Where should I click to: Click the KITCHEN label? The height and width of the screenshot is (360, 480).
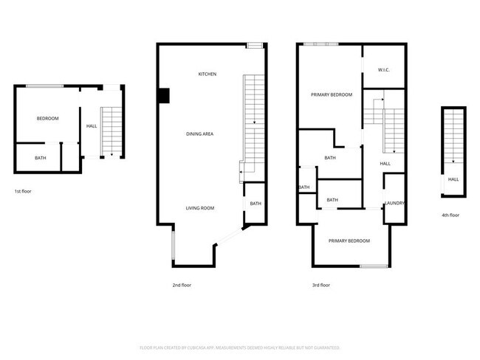[207, 75]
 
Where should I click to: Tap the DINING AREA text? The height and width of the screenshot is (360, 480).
[199, 134]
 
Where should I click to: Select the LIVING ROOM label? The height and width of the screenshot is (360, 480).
[199, 209]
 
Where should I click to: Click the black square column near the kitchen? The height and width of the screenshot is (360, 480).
[164, 95]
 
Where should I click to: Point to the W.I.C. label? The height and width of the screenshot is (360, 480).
[384, 71]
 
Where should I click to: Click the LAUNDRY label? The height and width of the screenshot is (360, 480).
[394, 203]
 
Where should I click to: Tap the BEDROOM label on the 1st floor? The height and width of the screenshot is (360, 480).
[48, 119]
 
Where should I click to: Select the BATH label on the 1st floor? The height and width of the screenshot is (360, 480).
[40, 157]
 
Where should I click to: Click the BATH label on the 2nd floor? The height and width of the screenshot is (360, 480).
[255, 204]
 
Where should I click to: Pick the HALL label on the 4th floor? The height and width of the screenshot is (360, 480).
[453, 179]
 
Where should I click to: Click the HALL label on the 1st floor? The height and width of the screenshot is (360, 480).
[92, 126]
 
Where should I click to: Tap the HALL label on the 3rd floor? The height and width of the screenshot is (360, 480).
[385, 164]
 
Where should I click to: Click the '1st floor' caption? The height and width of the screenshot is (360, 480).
[23, 191]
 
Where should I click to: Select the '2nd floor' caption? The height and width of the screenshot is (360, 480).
[182, 284]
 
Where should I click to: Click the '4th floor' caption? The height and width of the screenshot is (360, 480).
[450, 215]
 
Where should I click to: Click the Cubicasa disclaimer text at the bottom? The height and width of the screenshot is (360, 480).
[239, 347]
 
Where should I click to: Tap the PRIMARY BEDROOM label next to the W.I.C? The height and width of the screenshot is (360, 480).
[331, 95]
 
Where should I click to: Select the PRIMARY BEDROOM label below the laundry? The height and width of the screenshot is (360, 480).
[349, 241]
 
